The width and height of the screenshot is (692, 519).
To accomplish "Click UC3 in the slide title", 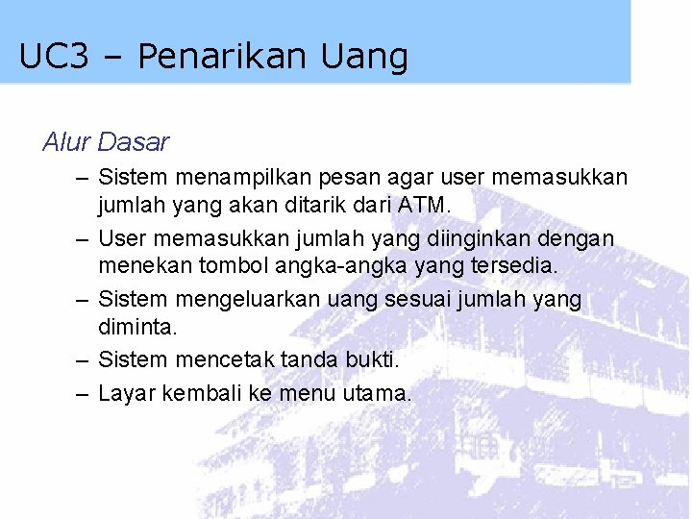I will pyautogui.click(x=54, y=57).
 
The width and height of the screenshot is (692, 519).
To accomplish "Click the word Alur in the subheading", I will pyautogui.click(x=66, y=142).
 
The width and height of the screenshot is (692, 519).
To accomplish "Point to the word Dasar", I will pyautogui.click(x=134, y=142).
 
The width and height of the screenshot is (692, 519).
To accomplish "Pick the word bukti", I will pyautogui.click(x=371, y=359).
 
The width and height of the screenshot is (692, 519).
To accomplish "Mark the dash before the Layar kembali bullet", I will pyautogui.click(x=80, y=393).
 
